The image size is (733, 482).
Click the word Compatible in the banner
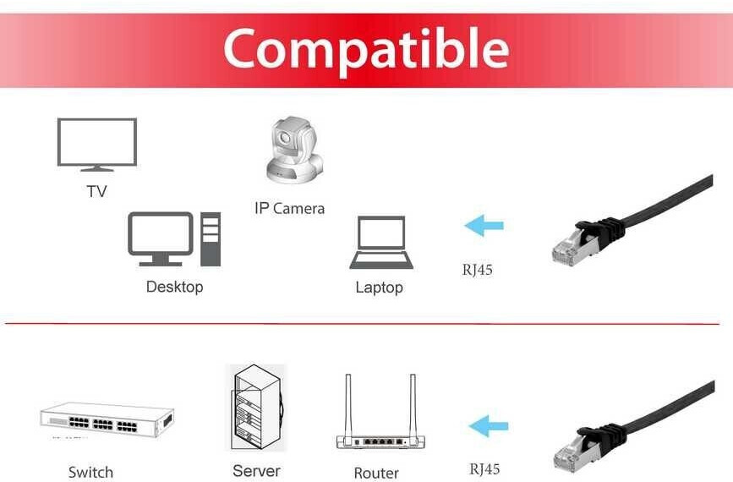click(365, 49)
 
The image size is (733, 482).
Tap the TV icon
click(96, 145)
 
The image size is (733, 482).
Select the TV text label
click(96, 192)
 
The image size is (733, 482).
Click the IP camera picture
click(293, 151)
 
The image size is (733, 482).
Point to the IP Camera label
click(289, 208)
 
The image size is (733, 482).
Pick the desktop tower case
click(211, 239)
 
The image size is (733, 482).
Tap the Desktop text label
click(174, 287)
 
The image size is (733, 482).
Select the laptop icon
click(381, 244)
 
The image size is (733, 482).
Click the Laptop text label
click(379, 288)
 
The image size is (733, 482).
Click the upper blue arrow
click(484, 226)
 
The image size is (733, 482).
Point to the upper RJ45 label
click(477, 271)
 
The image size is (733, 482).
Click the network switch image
click(107, 419)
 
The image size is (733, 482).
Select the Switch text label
click(90, 472)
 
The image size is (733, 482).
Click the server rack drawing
click(256, 408)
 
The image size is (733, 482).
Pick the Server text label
click(256, 470)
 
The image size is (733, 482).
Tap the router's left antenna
click(347, 405)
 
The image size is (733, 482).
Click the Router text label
click(376, 473)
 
